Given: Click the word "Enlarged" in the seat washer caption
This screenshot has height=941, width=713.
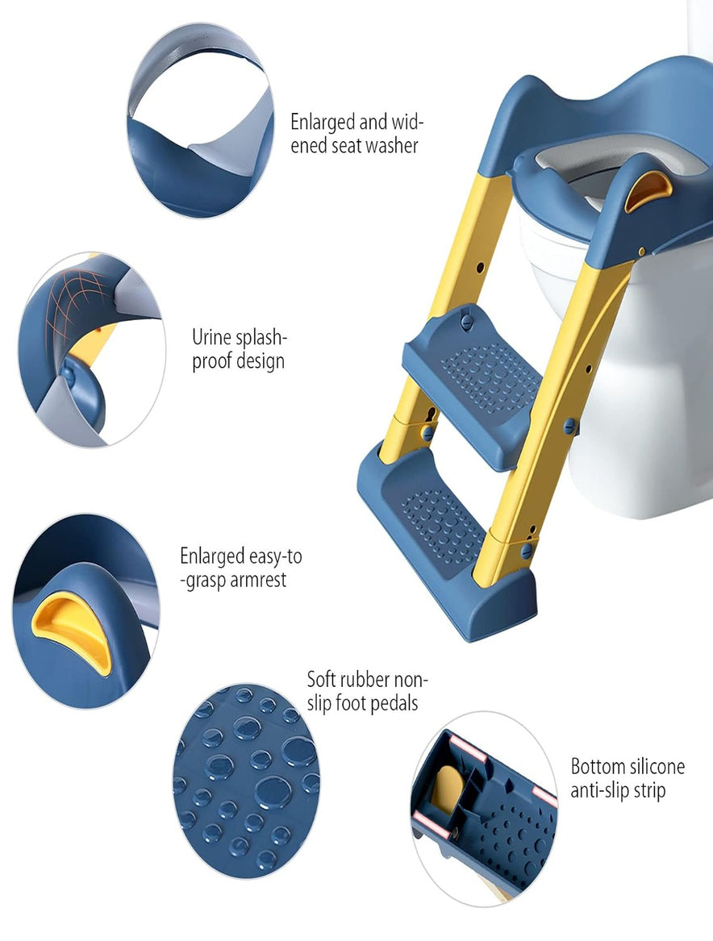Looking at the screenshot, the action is (323, 123).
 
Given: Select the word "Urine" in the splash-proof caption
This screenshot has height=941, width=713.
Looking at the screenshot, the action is (212, 337).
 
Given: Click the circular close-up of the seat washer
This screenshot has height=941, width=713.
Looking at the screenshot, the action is (200, 121).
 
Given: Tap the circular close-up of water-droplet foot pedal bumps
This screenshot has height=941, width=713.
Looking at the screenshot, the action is (247, 781).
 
